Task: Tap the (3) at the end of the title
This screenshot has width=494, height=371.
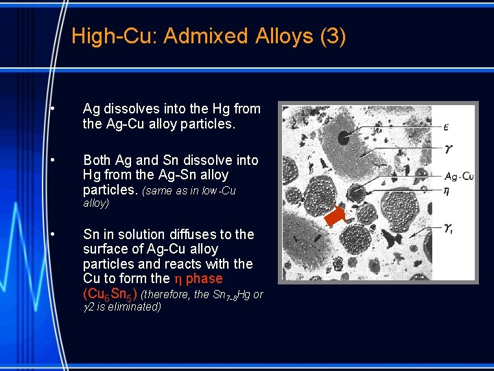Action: (333, 36)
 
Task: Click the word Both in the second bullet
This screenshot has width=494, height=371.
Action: (97, 160)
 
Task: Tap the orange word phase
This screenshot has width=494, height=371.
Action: (204, 278)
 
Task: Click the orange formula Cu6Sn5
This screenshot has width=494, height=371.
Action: (110, 294)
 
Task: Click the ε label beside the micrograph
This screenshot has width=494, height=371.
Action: (447, 126)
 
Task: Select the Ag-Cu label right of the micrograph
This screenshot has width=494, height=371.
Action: (458, 176)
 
